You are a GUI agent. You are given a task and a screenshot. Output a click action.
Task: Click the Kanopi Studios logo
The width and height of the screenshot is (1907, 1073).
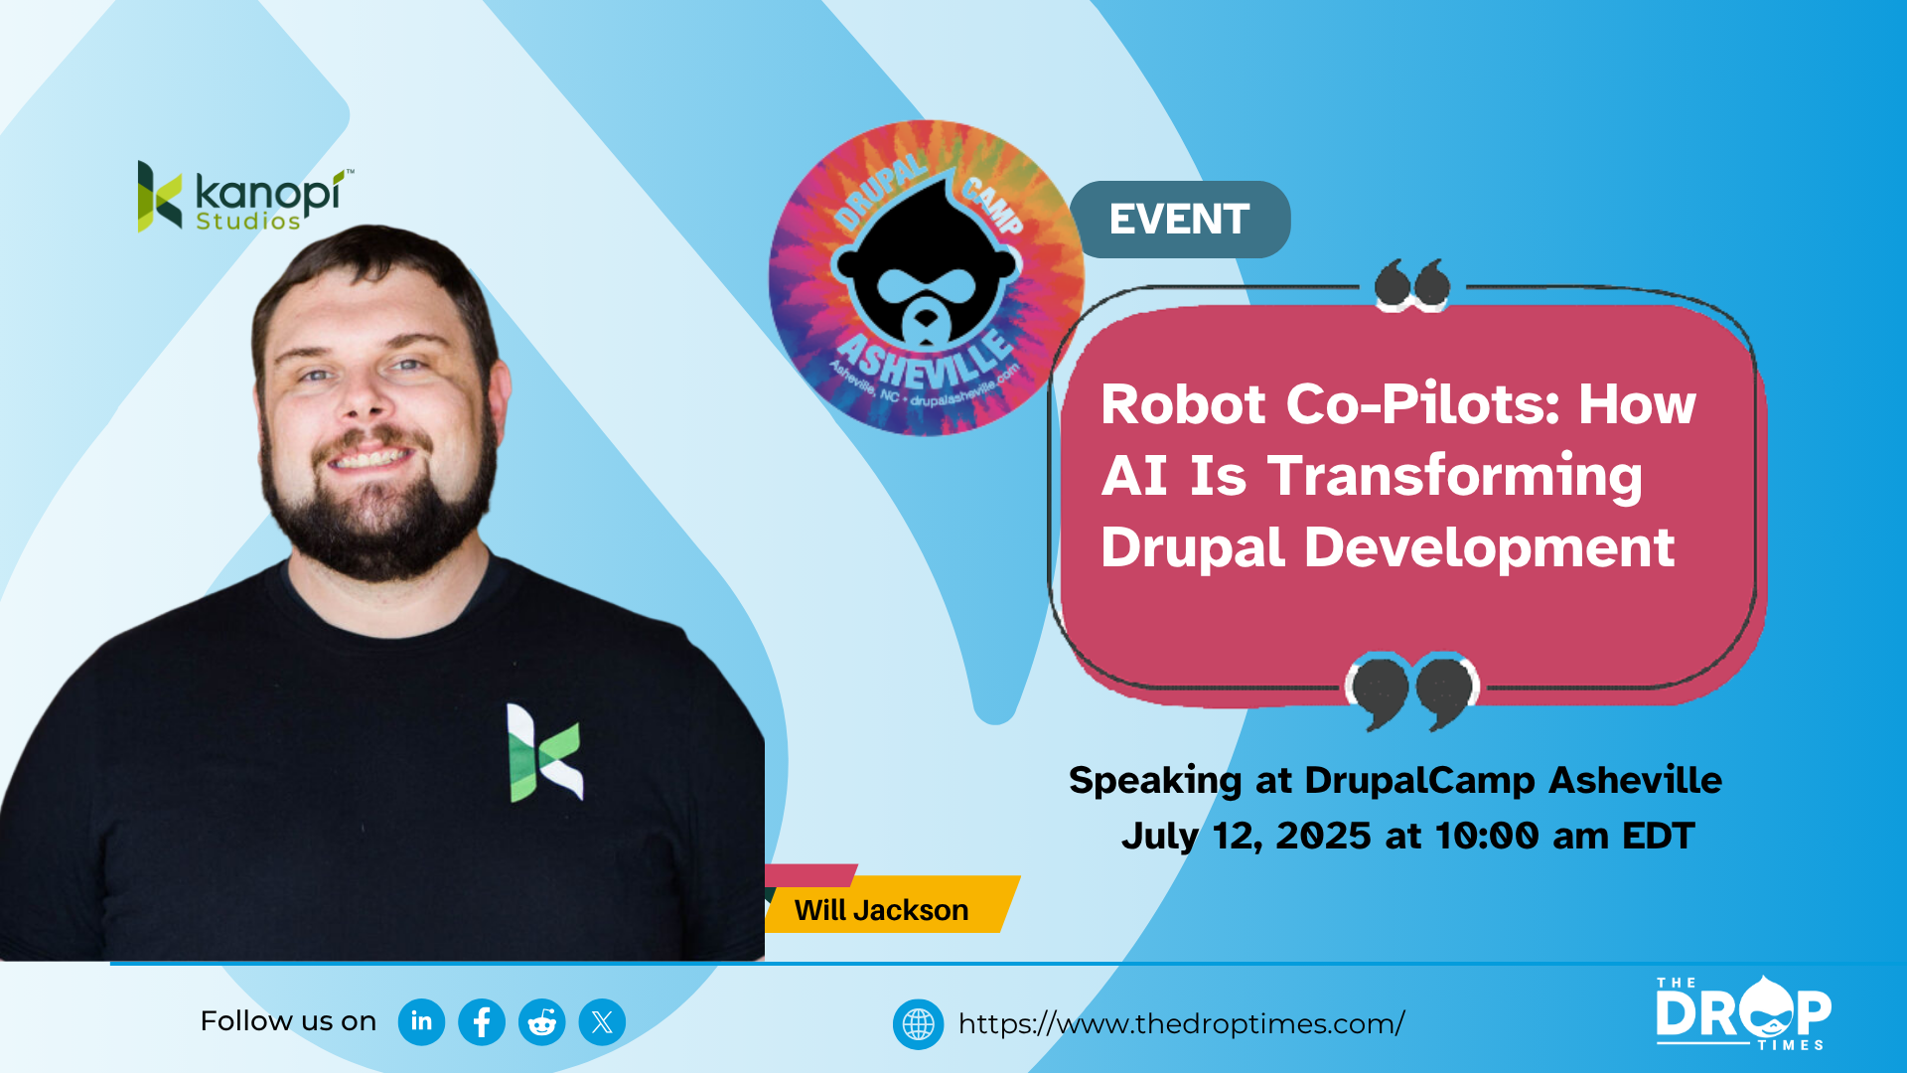point(245,197)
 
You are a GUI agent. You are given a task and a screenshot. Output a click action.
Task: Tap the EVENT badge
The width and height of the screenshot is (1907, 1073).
point(1180,220)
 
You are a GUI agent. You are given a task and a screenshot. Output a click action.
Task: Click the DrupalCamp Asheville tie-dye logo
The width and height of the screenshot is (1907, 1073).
point(926,278)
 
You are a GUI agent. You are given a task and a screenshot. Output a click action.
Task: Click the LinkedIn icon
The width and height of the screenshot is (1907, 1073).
point(421,1021)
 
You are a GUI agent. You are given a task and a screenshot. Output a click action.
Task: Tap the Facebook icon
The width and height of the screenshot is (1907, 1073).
point(482,1021)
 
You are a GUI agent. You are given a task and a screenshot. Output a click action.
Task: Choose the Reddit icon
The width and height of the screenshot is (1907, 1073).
point(542,1021)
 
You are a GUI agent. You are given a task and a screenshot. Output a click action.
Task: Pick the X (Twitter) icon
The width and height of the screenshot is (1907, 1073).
point(602,1021)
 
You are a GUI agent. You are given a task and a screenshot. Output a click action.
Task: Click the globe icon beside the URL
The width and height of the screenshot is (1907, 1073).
point(918,1023)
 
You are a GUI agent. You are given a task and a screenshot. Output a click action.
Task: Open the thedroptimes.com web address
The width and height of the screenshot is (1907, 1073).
point(1181,1023)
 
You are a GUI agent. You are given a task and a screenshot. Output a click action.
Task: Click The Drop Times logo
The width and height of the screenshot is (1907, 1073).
point(1743,1013)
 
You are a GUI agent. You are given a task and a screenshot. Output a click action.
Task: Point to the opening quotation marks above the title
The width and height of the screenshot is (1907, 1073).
point(1412,285)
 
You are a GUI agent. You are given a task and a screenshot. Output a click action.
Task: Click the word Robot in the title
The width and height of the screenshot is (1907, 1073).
point(1183,404)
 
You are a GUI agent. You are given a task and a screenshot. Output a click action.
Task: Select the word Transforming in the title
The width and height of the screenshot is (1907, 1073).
point(1454,477)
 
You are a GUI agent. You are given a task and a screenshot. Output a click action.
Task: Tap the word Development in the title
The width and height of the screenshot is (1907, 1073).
point(1489,548)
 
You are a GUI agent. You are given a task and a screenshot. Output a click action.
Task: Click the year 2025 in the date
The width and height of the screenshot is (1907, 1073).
point(1324,836)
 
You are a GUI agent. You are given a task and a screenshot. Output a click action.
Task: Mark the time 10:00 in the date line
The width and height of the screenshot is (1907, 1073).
point(1487,836)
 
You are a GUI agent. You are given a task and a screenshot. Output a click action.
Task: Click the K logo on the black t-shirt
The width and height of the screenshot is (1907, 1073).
point(544,752)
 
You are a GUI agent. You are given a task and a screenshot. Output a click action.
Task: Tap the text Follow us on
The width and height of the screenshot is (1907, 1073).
point(288,1021)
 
